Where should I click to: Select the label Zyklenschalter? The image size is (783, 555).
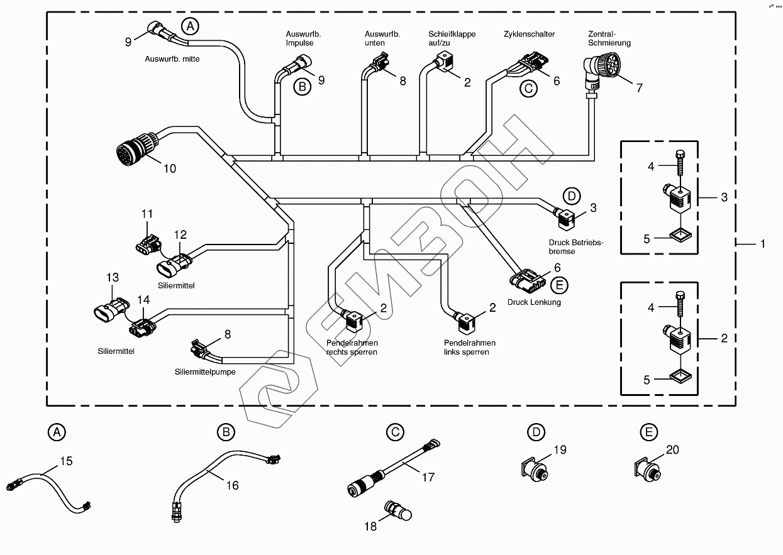529,35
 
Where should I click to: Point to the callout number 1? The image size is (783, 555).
763,243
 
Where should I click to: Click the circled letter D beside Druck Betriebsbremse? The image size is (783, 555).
571,195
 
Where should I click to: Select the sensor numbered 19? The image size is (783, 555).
534,468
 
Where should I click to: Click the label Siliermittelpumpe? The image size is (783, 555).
205,372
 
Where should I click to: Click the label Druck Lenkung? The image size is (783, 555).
534,302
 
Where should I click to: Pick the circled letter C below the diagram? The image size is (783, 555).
394,432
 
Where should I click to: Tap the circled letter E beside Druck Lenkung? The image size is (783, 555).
558,285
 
